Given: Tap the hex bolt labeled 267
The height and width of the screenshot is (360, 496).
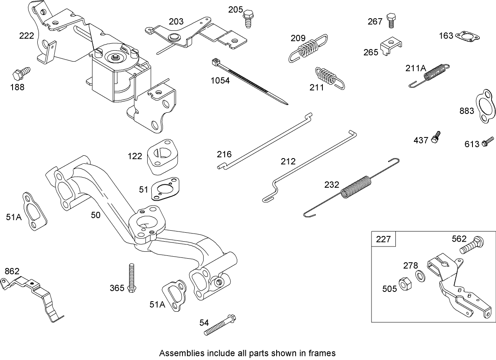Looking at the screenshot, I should pyautogui.click(x=391, y=20).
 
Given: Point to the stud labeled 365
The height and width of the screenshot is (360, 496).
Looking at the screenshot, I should pyautogui.click(x=131, y=277).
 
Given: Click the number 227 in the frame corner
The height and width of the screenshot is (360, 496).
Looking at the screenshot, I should pyautogui.click(x=383, y=239).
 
